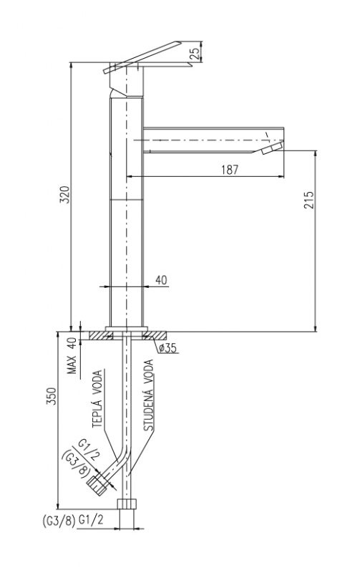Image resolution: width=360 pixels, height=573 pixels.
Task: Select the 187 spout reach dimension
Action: (x=230, y=170)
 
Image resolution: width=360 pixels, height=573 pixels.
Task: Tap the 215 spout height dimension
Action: (x=308, y=200)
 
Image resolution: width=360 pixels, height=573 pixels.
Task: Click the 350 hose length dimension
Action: (x=52, y=396)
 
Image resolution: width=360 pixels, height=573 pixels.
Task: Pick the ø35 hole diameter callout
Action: (x=167, y=348)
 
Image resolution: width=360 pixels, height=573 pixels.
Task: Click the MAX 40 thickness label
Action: (x=73, y=355)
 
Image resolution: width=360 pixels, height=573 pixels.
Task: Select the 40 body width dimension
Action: (x=161, y=280)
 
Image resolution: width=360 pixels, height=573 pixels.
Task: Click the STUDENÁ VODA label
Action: (x=148, y=395)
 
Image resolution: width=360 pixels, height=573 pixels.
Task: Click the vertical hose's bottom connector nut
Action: (x=127, y=503)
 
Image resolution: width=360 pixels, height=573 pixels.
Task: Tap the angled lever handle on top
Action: (x=142, y=57)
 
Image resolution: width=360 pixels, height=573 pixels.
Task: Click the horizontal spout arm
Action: (x=213, y=140)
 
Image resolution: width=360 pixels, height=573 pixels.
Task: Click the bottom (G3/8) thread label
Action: (x=59, y=521)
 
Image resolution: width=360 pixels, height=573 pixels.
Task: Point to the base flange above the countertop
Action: (x=127, y=329)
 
